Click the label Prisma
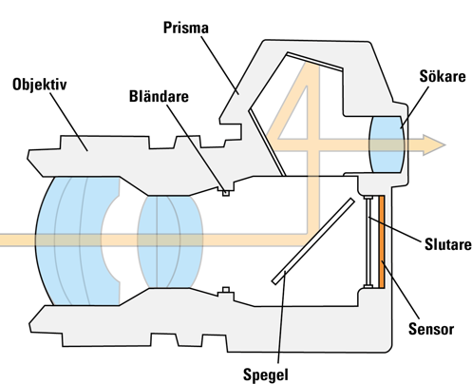tap(186, 29)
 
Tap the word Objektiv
tap(40, 85)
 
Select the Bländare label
tap(159, 96)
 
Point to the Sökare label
tap(443, 76)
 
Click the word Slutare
tap(448, 244)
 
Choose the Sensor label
tap(431, 329)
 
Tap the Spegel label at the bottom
tap(266, 374)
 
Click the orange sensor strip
tap(382, 241)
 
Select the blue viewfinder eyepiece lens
tap(387, 144)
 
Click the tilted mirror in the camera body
tap(313, 241)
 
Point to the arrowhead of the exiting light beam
tap(434, 144)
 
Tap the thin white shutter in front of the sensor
tap(368, 241)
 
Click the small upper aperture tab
tap(226, 191)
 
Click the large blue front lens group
tap(78, 240)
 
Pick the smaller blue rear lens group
tap(170, 241)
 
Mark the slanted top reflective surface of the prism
tap(314, 61)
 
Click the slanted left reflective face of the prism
tap(267, 143)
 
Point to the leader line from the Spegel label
tap(281, 317)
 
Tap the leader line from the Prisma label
tap(219, 65)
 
